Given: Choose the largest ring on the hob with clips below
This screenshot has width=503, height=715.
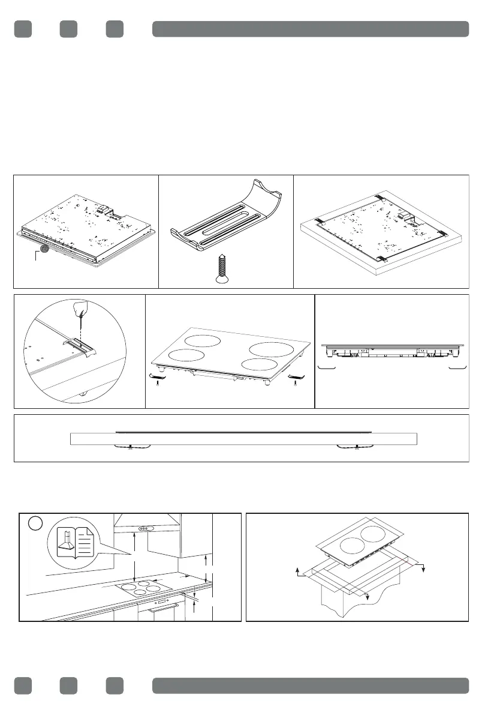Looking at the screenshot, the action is (270, 349).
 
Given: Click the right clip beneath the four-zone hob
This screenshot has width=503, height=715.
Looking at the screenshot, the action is (296, 376).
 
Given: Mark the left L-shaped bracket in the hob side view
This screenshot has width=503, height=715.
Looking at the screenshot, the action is (326, 365).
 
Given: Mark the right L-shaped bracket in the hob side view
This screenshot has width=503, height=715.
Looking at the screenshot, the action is (459, 365).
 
